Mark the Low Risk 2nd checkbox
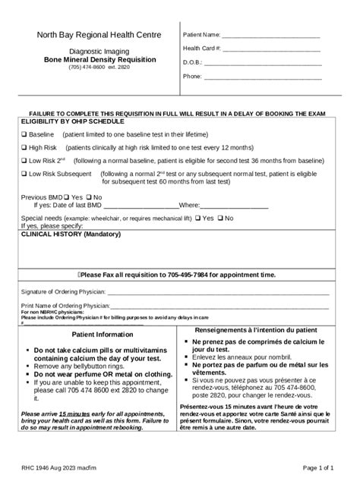tap(24, 161)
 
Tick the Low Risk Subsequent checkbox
tap(24, 175)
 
